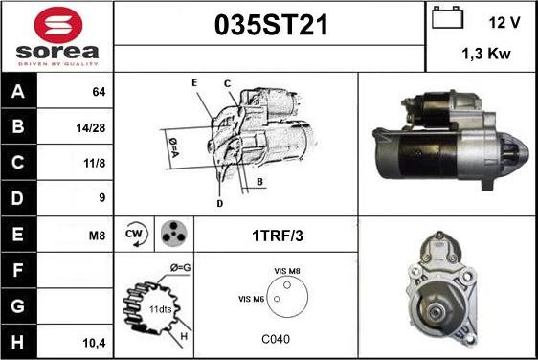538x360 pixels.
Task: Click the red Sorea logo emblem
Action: (58, 25)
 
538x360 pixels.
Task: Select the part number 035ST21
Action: (271, 25)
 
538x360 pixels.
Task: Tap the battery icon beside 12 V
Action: (447, 17)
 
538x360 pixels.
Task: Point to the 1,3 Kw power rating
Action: (486, 54)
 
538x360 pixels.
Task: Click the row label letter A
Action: (18, 92)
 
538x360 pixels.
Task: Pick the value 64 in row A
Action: (99, 92)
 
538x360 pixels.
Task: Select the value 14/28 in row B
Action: (91, 128)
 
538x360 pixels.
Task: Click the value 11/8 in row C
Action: (95, 163)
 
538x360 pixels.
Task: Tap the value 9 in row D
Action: (101, 197)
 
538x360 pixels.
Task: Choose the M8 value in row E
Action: (97, 236)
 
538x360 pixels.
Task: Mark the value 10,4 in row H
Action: (94, 343)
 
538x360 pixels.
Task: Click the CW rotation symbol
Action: (136, 235)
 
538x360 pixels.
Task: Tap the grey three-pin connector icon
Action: (174, 234)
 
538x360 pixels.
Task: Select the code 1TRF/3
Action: (278, 236)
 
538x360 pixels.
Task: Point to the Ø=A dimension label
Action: (173, 147)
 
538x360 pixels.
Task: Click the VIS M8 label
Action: (287, 271)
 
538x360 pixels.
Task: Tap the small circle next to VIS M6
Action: (277, 299)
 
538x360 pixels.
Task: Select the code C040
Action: (276, 339)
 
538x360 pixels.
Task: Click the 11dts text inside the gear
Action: (160, 309)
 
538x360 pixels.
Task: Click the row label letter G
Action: (18, 305)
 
